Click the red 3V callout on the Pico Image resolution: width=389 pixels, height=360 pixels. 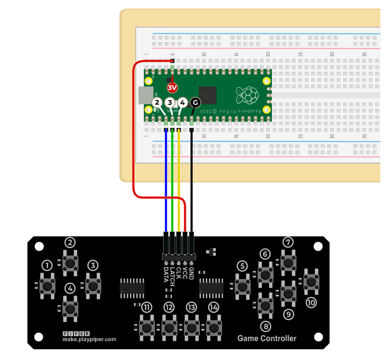click(172, 87)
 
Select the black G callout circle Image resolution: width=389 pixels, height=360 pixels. click(195, 102)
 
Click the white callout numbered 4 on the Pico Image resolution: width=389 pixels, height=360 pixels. click(182, 102)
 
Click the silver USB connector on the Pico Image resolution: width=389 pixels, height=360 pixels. click(144, 95)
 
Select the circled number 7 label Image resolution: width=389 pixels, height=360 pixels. click(288, 242)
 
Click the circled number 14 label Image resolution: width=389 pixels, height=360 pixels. click(214, 307)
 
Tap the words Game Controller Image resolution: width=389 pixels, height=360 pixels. click(267, 338)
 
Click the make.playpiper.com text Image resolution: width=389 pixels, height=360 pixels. click(89, 339)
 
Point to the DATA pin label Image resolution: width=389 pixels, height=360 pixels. click(166, 273)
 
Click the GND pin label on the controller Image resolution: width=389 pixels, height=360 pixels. click(191, 273)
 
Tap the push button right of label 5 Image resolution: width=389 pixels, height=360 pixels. click(243, 285)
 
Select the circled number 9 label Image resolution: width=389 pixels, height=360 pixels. click(289, 313)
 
